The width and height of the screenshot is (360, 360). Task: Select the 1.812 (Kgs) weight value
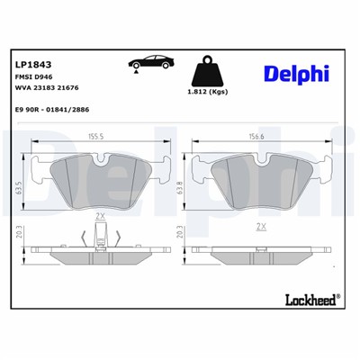[207, 93]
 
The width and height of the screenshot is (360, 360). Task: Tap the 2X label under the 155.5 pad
[100, 217]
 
